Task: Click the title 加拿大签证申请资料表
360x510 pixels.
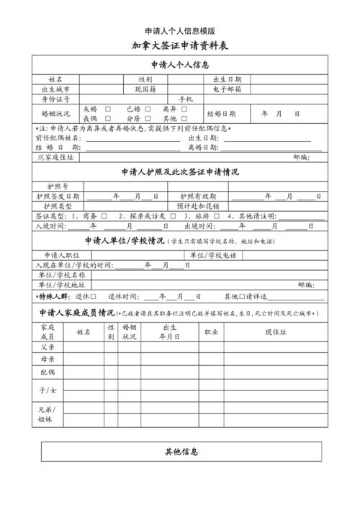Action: tap(179, 45)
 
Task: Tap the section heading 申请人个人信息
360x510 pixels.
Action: tap(180, 64)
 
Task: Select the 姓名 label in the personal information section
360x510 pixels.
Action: tap(55, 79)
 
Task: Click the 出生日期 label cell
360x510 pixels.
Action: tap(227, 79)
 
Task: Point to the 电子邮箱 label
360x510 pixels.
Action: tap(227, 89)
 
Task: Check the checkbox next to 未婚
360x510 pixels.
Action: tap(107, 109)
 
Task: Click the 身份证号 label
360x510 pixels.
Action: tap(55, 99)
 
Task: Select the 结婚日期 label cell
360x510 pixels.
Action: tap(221, 114)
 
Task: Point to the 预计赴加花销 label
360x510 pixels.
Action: tap(197, 206)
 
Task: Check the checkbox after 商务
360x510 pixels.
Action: tap(104, 216)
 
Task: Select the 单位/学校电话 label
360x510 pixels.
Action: tap(213, 255)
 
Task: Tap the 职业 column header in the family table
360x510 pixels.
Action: tap(212, 332)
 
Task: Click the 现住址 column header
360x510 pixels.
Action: tap(276, 332)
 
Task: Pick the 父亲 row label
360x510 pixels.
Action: tap(47, 346)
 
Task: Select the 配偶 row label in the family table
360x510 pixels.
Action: tap(47, 372)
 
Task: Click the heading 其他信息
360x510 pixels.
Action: tap(181, 452)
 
